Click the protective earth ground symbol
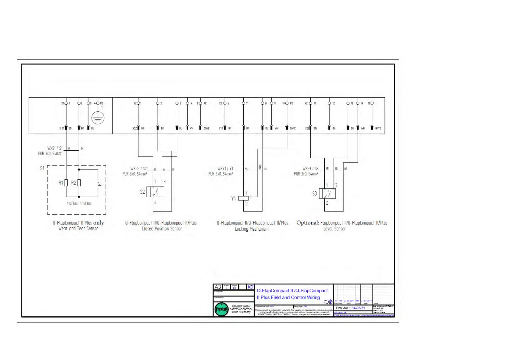(98, 118)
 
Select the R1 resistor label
(61, 183)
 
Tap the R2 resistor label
(74, 183)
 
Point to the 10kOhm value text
(86, 204)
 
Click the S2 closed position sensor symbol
(155, 192)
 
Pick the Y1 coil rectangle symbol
(243, 198)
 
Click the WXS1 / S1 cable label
(55, 148)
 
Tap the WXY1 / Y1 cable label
(225, 169)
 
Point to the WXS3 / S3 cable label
(310, 169)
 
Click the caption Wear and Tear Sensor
(78, 229)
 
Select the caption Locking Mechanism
(251, 229)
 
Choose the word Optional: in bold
(308, 223)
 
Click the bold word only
(99, 223)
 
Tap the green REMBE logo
(222, 309)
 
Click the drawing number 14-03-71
(358, 308)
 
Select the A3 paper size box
(218, 287)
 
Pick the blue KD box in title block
(250, 287)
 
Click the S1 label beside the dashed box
(42, 168)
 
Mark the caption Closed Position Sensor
(162, 229)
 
